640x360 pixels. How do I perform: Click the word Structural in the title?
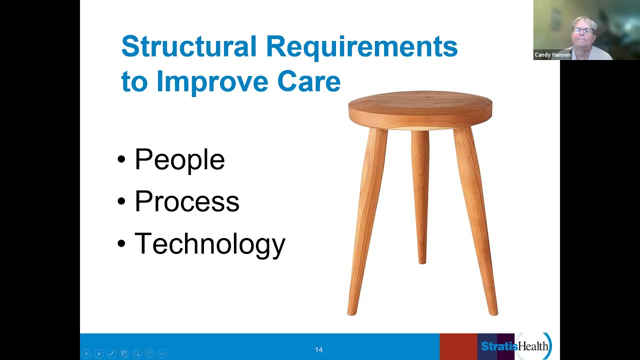click(x=188, y=46)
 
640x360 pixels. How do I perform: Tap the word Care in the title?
click(x=308, y=81)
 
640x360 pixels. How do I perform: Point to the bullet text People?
click(x=179, y=160)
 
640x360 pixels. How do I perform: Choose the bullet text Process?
click(x=186, y=201)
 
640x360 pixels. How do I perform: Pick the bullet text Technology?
click(x=209, y=244)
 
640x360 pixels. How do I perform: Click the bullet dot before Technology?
click(x=121, y=244)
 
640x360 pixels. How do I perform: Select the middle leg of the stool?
click(x=420, y=195)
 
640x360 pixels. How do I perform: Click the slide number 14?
click(x=318, y=349)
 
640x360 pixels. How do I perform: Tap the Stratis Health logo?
click(x=515, y=346)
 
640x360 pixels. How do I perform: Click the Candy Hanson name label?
click(x=552, y=55)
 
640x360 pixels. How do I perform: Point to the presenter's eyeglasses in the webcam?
click(x=582, y=30)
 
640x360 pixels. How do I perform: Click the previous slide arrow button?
click(x=86, y=353)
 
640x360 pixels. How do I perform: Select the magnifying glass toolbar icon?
click(x=137, y=353)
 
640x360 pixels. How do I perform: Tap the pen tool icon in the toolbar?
click(x=111, y=353)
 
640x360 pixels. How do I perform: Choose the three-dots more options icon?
click(x=162, y=353)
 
